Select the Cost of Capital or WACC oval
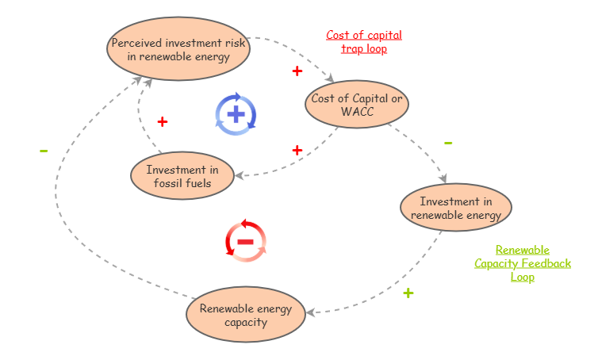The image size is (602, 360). pyautogui.click(x=356, y=105)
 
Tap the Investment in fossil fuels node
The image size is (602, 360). pyautogui.click(x=182, y=175)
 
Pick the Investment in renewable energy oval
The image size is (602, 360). pyautogui.click(x=456, y=208)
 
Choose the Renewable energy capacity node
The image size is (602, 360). pyautogui.click(x=245, y=315)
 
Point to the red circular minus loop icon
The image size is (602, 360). pyautogui.click(x=246, y=240)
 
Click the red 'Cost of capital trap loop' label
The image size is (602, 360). pyautogui.click(x=364, y=42)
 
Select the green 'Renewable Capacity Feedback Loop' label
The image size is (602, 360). pyautogui.click(x=523, y=263)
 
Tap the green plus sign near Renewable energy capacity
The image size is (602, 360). pyautogui.click(x=408, y=293)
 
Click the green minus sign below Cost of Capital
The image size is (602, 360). pyautogui.click(x=448, y=144)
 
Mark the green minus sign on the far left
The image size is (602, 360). pyautogui.click(x=44, y=151)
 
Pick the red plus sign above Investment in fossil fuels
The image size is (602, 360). pyautogui.click(x=163, y=122)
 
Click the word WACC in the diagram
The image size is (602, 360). pyautogui.click(x=357, y=112)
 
